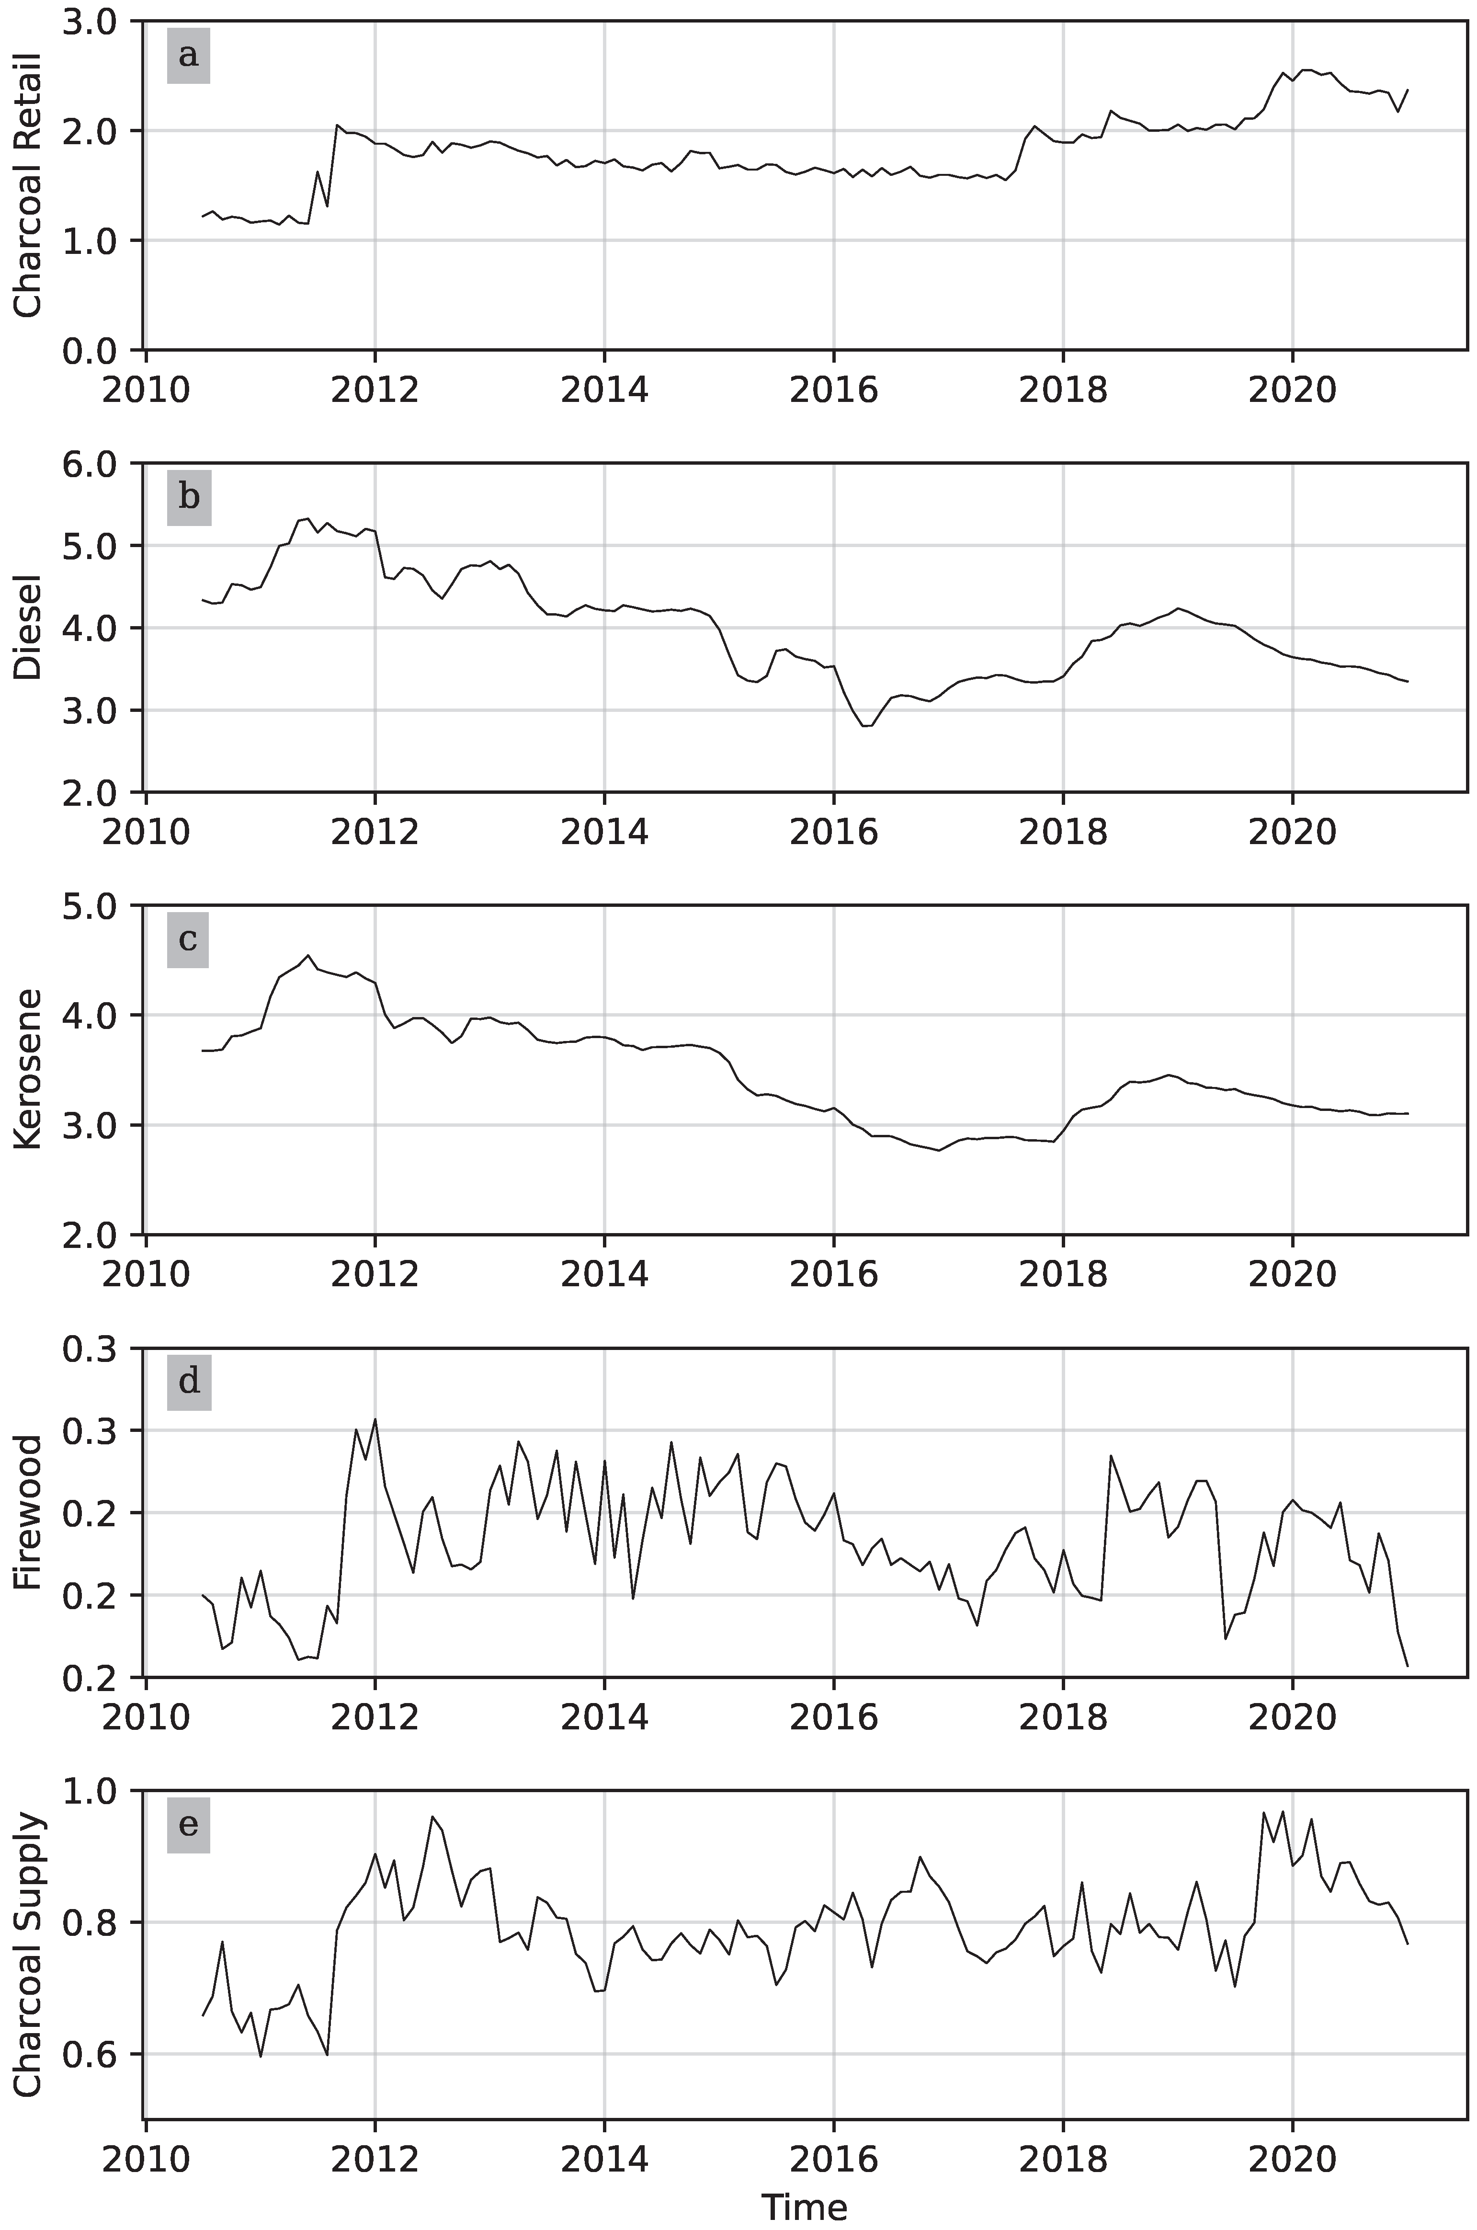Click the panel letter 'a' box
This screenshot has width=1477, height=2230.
click(x=188, y=56)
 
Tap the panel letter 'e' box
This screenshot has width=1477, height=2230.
click(x=188, y=1825)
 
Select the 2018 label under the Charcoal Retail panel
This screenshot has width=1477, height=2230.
click(x=1063, y=390)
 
